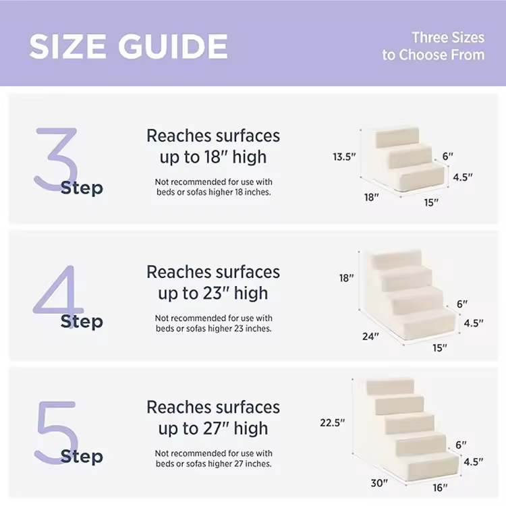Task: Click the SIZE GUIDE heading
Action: [128, 46]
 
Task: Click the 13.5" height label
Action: [344, 157]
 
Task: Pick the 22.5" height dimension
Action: [333, 422]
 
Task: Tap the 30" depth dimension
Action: [379, 483]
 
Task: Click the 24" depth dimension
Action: [370, 336]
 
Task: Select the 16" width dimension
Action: [440, 487]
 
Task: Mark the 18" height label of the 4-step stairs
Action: [346, 277]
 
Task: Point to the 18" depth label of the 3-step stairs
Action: [372, 197]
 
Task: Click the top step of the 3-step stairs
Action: [397, 138]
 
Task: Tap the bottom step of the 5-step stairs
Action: [432, 466]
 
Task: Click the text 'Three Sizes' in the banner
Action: [448, 37]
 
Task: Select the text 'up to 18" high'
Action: [213, 157]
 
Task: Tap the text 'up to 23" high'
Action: [213, 293]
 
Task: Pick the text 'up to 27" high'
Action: [213, 428]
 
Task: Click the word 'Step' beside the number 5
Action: [82, 456]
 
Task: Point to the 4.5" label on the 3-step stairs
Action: [463, 177]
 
